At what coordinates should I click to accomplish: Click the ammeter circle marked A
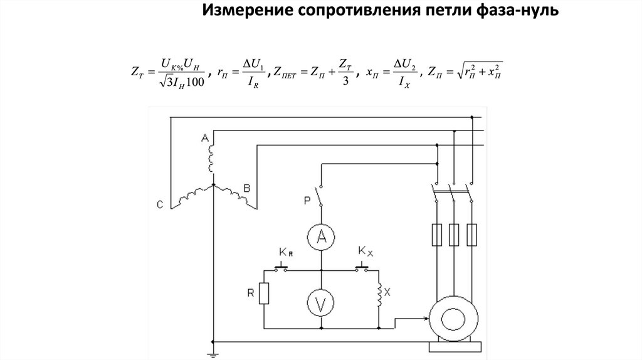(x=321, y=236)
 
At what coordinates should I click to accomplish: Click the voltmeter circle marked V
(x=321, y=304)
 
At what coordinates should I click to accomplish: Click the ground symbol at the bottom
(x=213, y=354)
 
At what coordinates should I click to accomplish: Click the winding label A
(x=204, y=138)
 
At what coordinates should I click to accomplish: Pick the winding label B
(x=246, y=188)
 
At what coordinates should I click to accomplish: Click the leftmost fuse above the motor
(x=435, y=235)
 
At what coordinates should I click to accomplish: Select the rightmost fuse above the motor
(x=471, y=235)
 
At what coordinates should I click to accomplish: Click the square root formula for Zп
(x=480, y=73)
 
